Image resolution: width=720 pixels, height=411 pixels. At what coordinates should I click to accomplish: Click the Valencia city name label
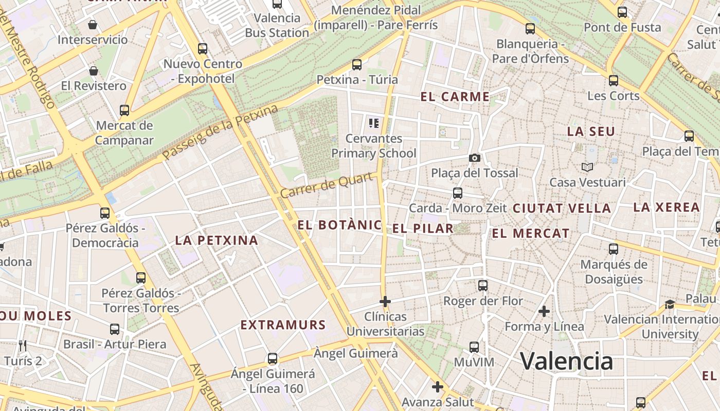567,361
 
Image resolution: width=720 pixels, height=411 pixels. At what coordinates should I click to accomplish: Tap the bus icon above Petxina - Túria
356,65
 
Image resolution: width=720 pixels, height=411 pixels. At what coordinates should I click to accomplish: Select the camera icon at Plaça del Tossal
474,158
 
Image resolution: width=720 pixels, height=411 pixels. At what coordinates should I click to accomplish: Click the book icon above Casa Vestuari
587,167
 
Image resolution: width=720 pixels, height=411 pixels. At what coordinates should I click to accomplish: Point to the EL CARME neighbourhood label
455,97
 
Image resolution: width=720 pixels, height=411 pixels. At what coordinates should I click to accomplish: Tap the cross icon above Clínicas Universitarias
385,301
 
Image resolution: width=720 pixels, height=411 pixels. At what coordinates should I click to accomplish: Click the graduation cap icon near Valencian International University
670,304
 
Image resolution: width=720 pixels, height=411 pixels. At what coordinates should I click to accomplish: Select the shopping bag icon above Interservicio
93,24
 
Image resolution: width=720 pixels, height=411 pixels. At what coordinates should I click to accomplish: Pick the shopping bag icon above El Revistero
94,70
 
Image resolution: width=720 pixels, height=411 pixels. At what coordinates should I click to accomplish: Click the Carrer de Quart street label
327,186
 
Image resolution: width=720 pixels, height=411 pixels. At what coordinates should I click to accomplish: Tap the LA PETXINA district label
216,240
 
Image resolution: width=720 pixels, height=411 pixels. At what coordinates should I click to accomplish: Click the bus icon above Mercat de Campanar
124,110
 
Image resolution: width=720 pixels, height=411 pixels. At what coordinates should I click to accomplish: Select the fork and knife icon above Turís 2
22,345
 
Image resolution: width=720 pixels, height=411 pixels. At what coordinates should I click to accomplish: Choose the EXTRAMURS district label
283,325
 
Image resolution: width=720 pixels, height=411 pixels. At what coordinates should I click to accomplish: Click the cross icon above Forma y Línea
544,311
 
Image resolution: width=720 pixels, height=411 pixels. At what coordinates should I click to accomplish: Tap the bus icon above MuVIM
474,347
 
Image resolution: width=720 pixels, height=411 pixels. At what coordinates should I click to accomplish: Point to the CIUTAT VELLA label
562,209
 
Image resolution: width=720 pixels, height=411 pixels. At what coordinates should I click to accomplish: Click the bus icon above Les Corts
613,81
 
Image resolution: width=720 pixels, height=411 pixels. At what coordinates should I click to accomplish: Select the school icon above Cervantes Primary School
374,123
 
